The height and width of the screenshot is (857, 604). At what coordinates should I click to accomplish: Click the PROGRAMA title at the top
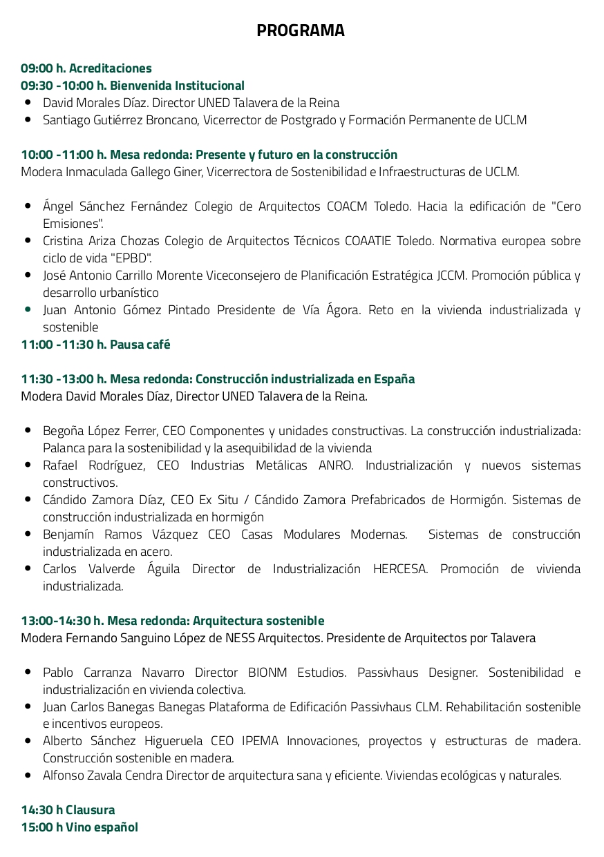(x=301, y=30)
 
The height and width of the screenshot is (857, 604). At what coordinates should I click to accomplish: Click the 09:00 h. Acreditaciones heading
(x=86, y=68)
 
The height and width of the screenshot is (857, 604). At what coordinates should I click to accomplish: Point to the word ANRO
(x=336, y=465)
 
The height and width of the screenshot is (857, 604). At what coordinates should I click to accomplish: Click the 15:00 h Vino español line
(x=79, y=827)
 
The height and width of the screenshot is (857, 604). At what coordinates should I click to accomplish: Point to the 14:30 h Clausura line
(x=68, y=810)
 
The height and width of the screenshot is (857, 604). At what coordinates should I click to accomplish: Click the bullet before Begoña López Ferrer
(x=28, y=430)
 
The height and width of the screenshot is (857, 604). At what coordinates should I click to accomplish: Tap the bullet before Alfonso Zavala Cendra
(x=28, y=775)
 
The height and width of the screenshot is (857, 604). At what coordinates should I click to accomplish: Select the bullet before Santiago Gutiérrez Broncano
(x=28, y=119)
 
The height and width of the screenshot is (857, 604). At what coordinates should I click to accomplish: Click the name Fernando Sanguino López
(x=133, y=638)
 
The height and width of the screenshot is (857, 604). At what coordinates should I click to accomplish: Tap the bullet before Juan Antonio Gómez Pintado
(x=28, y=309)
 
